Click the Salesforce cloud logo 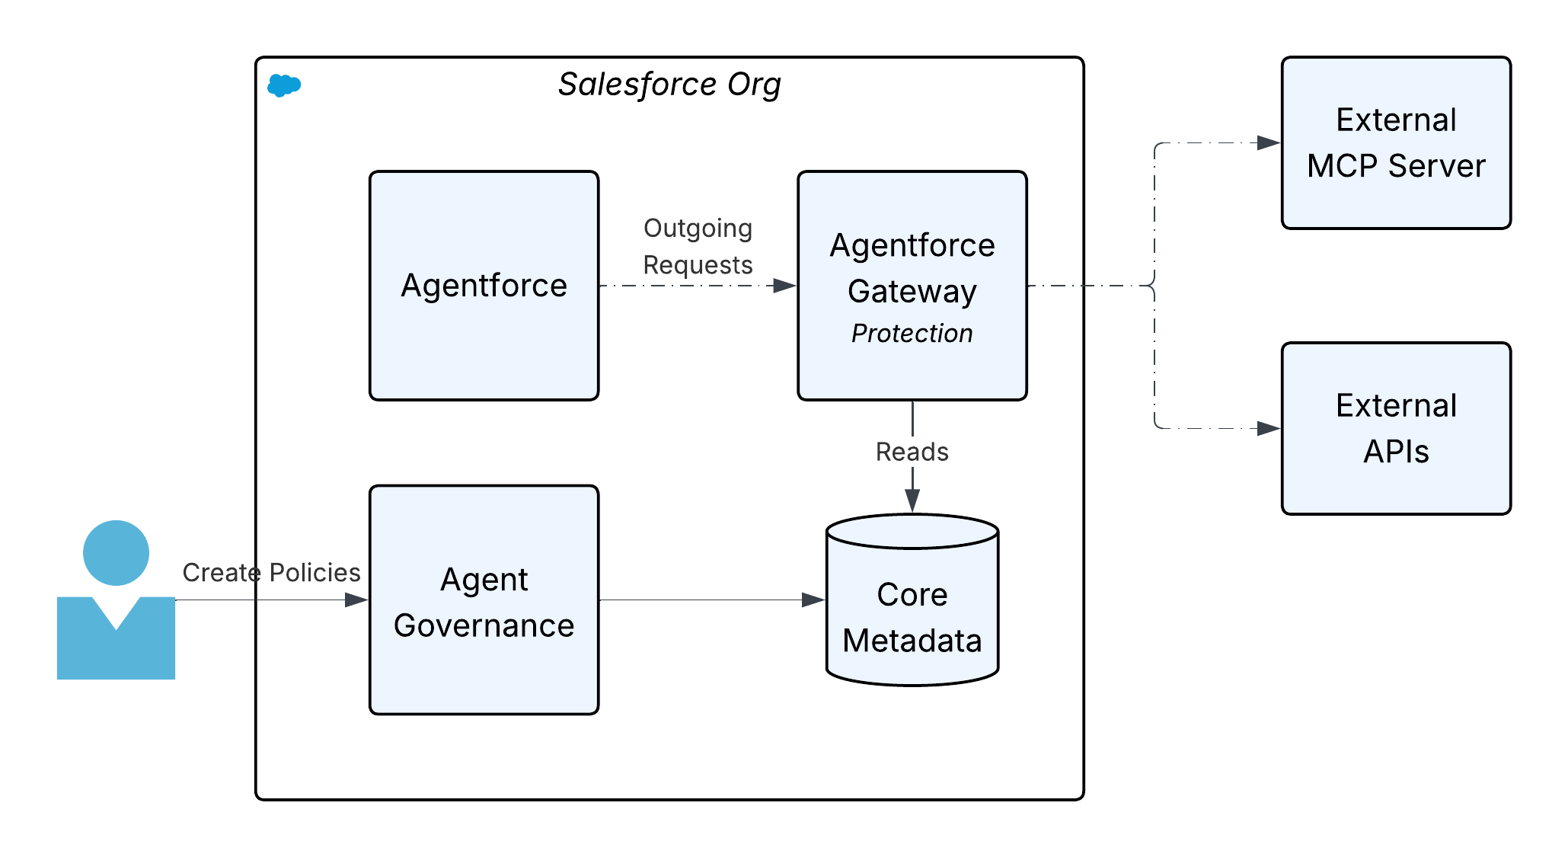point(285,86)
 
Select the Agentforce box point(484,286)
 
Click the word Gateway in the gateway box point(912,292)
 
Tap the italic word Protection point(912,334)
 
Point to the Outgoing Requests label point(698,246)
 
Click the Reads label point(912,452)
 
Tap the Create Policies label point(271,573)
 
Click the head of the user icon point(116,552)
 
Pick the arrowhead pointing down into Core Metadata point(912,501)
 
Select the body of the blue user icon point(116,648)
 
